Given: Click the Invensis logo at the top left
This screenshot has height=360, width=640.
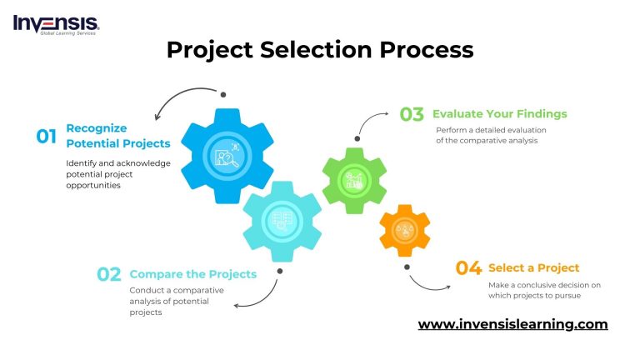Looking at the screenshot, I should click(x=56, y=24).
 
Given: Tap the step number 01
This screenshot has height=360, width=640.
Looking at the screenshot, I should click(x=47, y=137).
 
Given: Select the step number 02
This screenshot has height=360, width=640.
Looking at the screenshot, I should click(x=109, y=274).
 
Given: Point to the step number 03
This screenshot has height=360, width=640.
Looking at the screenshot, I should click(x=412, y=114).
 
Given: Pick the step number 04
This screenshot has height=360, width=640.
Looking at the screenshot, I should click(x=468, y=267).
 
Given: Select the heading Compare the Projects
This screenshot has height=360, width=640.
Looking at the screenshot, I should click(x=193, y=273).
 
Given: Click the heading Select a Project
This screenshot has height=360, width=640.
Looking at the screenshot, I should click(x=533, y=267).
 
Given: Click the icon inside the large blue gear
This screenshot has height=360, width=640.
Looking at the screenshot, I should click(x=227, y=155).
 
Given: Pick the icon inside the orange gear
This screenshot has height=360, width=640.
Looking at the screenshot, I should click(x=406, y=231).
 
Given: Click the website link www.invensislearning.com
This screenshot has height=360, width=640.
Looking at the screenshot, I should click(x=512, y=324).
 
